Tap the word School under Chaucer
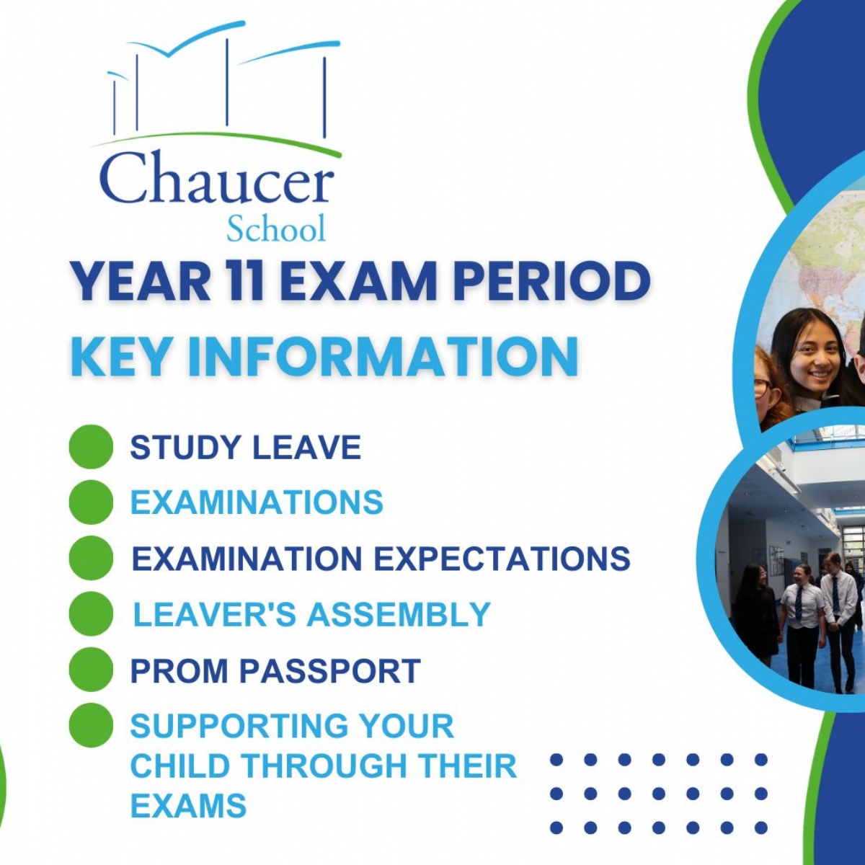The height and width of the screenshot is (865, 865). pyautogui.click(x=276, y=229)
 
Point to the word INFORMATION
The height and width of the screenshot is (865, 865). pyautogui.click(x=383, y=356)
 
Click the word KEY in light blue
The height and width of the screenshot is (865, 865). pyautogui.click(x=121, y=356)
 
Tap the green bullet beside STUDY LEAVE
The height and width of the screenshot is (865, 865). pyautogui.click(x=92, y=447)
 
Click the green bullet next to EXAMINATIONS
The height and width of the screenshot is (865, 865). pyautogui.click(x=92, y=502)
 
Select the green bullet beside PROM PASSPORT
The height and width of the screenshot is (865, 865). pyautogui.click(x=92, y=670)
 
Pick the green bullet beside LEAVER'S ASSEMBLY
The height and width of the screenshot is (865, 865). pyautogui.click(x=92, y=614)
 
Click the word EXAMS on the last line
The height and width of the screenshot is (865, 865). pyautogui.click(x=188, y=806)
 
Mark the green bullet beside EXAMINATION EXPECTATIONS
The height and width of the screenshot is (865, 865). pyautogui.click(x=92, y=559)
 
